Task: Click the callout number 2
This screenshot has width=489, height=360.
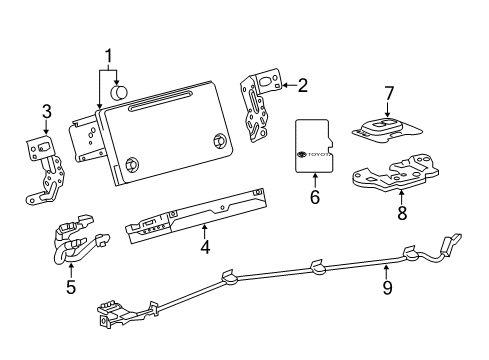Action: pyautogui.click(x=301, y=86)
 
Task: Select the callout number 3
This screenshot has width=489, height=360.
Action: pyautogui.click(x=45, y=110)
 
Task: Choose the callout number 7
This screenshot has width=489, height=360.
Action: pyautogui.click(x=388, y=94)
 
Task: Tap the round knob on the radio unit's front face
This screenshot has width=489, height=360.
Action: pyautogui.click(x=131, y=166)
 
